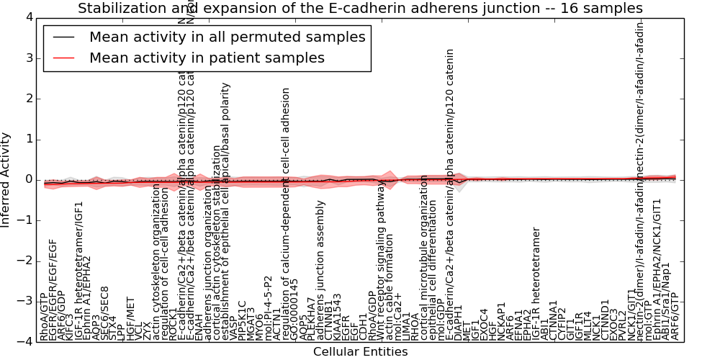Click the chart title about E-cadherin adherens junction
pyautogui.click(x=360, y=9)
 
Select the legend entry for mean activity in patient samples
pyautogui.click(x=207, y=58)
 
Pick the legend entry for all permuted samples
pyautogui.click(x=227, y=37)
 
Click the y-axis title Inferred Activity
pyautogui.click(x=6, y=179)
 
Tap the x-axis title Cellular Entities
pyautogui.click(x=360, y=351)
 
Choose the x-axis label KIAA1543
pyautogui.click(x=337, y=317)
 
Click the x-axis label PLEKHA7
pyautogui.click(x=311, y=320)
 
